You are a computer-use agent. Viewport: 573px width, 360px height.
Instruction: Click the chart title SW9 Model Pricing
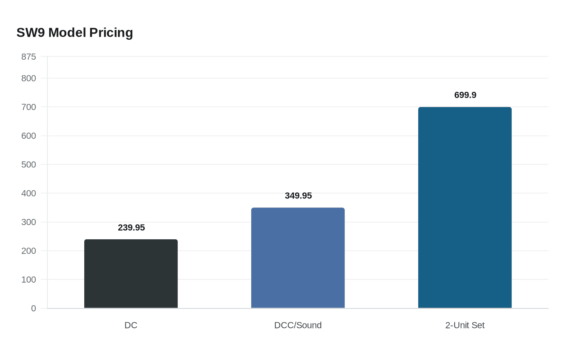pyautogui.click(x=74, y=33)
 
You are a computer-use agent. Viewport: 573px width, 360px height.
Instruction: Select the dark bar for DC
pyautogui.click(x=131, y=274)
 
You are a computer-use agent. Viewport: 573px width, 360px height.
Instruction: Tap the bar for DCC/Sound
pyautogui.click(x=298, y=258)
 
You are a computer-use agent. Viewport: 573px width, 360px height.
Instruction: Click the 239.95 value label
pyautogui.click(x=131, y=227)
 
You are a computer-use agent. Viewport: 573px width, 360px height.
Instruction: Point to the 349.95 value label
pyautogui.click(x=298, y=196)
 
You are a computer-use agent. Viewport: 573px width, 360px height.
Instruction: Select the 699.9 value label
pyautogui.click(x=465, y=95)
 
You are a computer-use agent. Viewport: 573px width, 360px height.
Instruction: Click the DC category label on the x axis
pyautogui.click(x=131, y=325)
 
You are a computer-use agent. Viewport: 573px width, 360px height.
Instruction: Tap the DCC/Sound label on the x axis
pyautogui.click(x=298, y=325)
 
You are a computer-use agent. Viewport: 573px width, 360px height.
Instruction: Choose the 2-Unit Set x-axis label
pyautogui.click(x=465, y=325)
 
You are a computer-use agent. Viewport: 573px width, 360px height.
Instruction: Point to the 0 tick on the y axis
pyautogui.click(x=34, y=308)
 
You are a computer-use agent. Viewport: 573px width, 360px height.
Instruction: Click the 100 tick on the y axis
pyautogui.click(x=29, y=280)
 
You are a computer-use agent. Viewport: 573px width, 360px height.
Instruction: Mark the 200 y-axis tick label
pyautogui.click(x=29, y=251)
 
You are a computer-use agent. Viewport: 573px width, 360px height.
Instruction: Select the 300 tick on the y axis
pyautogui.click(x=29, y=222)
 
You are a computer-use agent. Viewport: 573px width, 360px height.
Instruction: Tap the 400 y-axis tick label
pyautogui.click(x=29, y=193)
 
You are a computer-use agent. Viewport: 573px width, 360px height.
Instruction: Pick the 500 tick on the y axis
pyautogui.click(x=29, y=164)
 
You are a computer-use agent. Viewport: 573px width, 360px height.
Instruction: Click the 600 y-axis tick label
pyautogui.click(x=29, y=136)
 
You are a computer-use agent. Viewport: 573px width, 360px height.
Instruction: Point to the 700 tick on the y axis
pyautogui.click(x=29, y=107)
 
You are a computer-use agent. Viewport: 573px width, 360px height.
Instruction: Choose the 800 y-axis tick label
pyautogui.click(x=29, y=78)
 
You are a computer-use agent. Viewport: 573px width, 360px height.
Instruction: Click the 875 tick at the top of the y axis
pyautogui.click(x=29, y=57)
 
